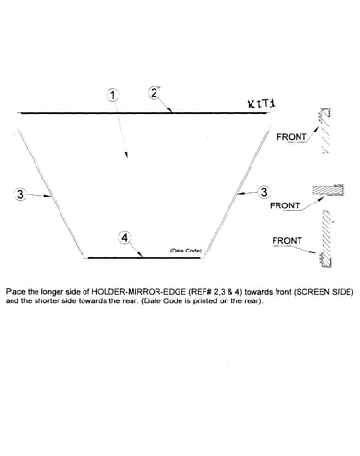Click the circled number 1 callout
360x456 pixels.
[113, 95]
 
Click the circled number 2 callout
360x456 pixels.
[155, 93]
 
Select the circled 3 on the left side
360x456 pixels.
[21, 194]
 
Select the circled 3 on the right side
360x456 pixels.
[264, 192]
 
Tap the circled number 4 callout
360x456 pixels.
[125, 238]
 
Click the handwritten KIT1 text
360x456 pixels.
[261, 103]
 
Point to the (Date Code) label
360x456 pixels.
[185, 251]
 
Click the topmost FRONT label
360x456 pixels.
[292, 137]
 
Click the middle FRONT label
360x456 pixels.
[285, 205]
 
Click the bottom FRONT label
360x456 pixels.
[287, 240]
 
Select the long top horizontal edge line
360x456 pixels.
[143, 113]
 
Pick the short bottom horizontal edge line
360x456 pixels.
[144, 257]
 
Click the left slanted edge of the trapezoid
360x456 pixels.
[51, 194]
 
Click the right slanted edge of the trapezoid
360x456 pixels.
[236, 194]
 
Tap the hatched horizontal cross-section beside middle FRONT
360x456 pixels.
[328, 190]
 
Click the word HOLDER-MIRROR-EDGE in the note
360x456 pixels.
[139, 292]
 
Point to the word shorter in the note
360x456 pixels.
[47, 300]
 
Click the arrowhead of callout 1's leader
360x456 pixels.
[127, 155]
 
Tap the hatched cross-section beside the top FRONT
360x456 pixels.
[325, 131]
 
